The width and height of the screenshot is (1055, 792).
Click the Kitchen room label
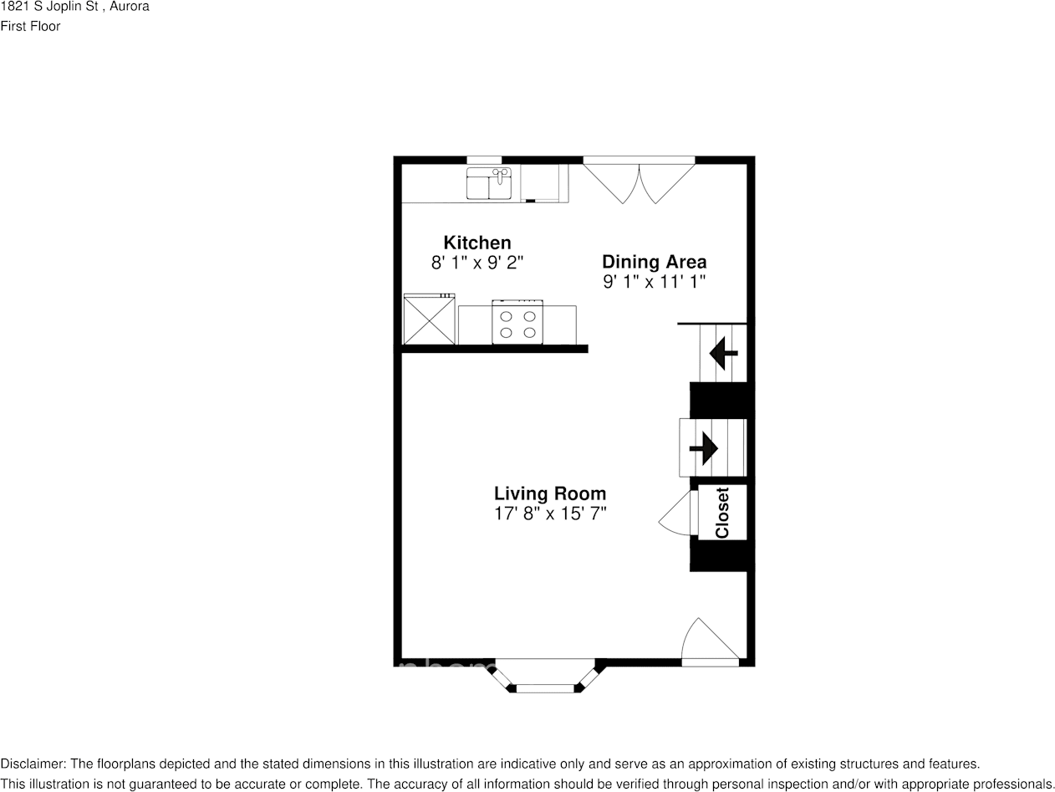pyautogui.click(x=477, y=243)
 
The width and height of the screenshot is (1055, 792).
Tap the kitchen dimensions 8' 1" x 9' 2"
pyautogui.click(x=477, y=263)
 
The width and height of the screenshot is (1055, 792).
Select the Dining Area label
pyautogui.click(x=654, y=262)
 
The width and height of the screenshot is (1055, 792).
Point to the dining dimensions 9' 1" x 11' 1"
pyautogui.click(x=654, y=282)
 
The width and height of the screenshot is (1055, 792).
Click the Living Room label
pyautogui.click(x=549, y=493)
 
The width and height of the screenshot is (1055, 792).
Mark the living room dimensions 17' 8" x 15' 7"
pyautogui.click(x=549, y=514)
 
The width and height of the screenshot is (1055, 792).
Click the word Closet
pyautogui.click(x=722, y=513)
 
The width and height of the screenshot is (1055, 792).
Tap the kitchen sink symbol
pyautogui.click(x=489, y=183)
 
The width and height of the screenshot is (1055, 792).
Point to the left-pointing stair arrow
pyautogui.click(x=722, y=354)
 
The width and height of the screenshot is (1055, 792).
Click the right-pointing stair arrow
pyautogui.click(x=704, y=448)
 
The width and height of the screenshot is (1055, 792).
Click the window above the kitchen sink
pyautogui.click(x=484, y=160)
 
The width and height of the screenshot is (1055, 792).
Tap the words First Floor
pyautogui.click(x=31, y=26)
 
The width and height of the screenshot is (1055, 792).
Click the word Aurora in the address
pyautogui.click(x=130, y=7)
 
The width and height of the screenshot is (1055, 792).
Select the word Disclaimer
pyautogui.click(x=33, y=764)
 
